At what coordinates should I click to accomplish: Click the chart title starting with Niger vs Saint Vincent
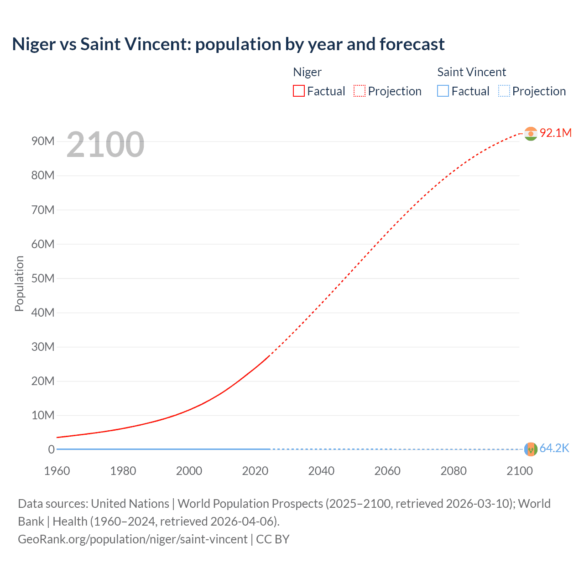coord(228,44)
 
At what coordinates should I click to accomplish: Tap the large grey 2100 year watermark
coord(105,145)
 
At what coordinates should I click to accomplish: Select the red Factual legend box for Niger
coord(298,91)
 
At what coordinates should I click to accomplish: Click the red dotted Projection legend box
coord(360,91)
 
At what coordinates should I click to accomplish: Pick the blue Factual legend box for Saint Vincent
coord(443,91)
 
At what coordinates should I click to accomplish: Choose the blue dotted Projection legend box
coord(504,91)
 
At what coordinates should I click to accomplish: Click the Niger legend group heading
coord(307,72)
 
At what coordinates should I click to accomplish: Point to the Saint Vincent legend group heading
coord(471,72)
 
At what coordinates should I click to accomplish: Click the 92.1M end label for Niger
coord(555,133)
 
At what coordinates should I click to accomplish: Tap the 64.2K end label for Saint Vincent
coord(554,448)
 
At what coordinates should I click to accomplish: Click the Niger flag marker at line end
coord(531,134)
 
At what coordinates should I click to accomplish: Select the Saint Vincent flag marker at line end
coord(531,449)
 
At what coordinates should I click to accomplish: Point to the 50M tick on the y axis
coord(43,278)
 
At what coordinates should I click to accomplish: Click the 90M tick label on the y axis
coord(43,141)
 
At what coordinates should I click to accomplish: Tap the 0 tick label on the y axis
coord(51,449)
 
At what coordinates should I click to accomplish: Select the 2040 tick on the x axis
coord(321,471)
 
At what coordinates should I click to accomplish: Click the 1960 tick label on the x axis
coord(57,471)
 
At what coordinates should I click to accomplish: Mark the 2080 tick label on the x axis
coord(454,471)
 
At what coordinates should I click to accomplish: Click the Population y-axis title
coord(19,283)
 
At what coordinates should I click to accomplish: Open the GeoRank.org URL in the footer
coord(132,539)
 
